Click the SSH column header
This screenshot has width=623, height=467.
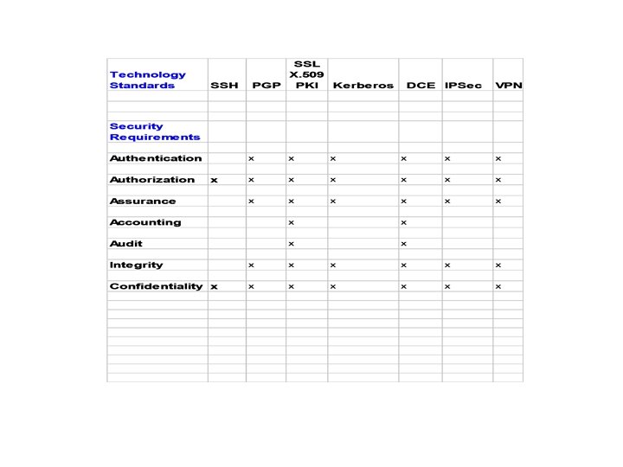[x=224, y=86]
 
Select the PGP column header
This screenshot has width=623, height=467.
[x=267, y=86]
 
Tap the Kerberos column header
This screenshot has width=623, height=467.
[x=363, y=86]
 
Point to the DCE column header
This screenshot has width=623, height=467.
[x=421, y=86]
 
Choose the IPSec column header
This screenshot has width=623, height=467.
[x=463, y=86]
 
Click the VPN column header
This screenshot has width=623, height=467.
[x=508, y=86]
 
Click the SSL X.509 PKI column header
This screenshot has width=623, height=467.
[x=307, y=74]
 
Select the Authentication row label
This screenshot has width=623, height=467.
[x=156, y=158]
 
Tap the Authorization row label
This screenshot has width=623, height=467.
[x=152, y=180]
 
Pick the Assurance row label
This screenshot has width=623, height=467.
[x=143, y=202]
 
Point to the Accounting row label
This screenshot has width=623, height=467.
[x=145, y=222]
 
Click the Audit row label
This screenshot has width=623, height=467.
[x=126, y=244]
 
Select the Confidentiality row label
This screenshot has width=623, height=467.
[x=156, y=286]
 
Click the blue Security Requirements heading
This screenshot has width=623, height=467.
[x=154, y=131]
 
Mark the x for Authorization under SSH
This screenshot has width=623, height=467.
[x=215, y=180]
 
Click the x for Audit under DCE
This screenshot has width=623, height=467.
[x=403, y=244]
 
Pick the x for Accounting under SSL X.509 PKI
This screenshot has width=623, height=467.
[x=292, y=222]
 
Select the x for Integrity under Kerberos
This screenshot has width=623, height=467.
[x=332, y=265]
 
